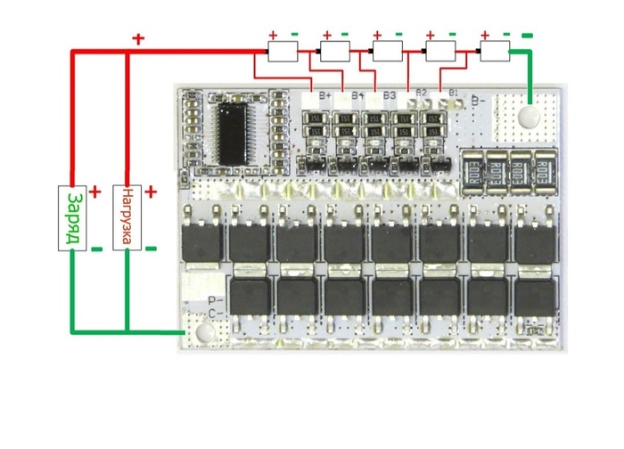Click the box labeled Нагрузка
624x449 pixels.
coord(127,218)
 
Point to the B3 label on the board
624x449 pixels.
coord(390,94)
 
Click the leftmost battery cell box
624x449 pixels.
coord(283,50)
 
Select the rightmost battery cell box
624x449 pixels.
coord(495,50)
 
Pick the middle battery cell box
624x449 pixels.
coord(389,50)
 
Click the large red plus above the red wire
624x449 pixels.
coord(138,39)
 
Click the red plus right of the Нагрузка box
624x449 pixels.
coord(151,192)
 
